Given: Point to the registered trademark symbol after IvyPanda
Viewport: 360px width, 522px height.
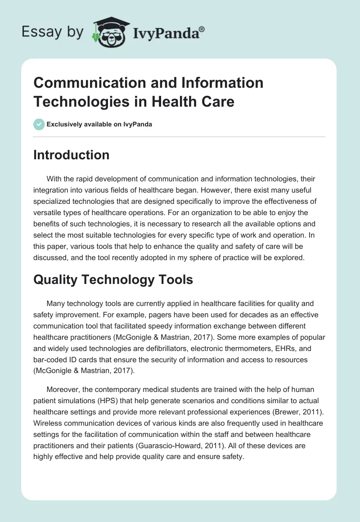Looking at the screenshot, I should pyautogui.click(x=202, y=28).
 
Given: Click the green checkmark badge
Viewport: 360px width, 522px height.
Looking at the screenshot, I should pyautogui.click(x=39, y=124).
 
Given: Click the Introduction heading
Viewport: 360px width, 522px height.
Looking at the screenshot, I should pyautogui.click(x=72, y=155).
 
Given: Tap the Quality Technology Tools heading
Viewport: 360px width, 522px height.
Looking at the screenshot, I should pyautogui.click(x=113, y=279).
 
